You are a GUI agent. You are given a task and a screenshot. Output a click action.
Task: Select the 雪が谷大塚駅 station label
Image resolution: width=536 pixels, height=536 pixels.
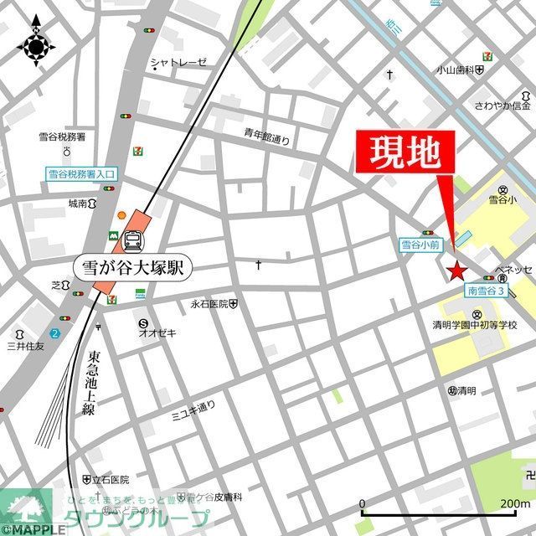tap(138, 268)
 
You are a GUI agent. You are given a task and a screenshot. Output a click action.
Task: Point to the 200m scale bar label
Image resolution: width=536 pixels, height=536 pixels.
tap(513, 503)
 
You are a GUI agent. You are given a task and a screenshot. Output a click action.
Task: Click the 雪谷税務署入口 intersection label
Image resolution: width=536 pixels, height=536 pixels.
tap(81, 174)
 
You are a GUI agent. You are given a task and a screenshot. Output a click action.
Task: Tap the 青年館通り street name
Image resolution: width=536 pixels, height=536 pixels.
tap(267, 137)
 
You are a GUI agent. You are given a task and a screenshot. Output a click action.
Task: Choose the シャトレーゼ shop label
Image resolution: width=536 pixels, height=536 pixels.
tap(178, 62)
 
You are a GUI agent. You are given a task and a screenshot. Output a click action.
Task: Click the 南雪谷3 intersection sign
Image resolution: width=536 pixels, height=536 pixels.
tap(487, 291)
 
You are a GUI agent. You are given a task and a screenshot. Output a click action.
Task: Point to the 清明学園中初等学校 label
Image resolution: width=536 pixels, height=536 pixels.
tap(475, 325)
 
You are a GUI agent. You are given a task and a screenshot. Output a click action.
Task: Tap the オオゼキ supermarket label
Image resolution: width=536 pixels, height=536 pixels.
tap(157, 332)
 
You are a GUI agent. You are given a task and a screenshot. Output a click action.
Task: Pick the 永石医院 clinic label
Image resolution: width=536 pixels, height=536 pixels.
tap(209, 303)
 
